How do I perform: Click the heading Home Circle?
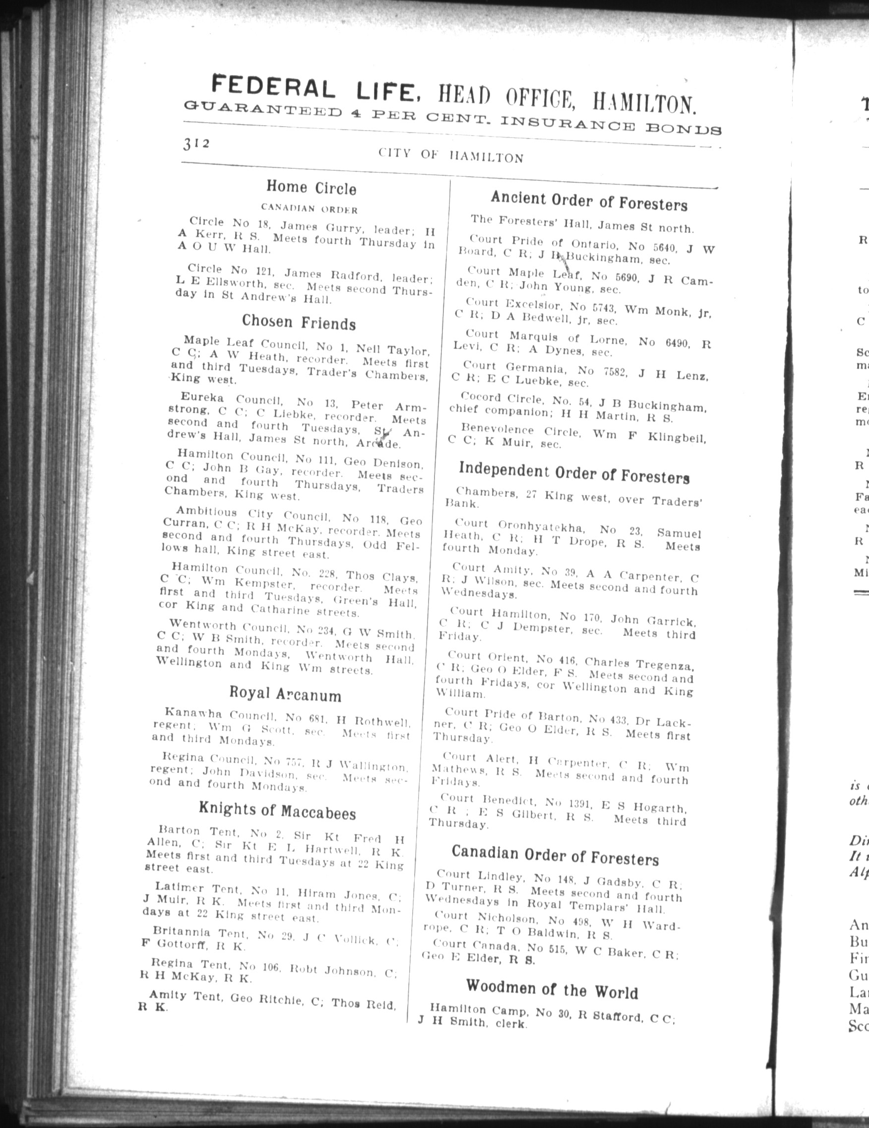[x=311, y=188]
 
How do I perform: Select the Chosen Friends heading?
[x=299, y=322]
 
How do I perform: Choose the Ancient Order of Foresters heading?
[x=589, y=201]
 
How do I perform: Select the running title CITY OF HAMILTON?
[x=450, y=155]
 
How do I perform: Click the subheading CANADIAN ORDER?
[x=309, y=209]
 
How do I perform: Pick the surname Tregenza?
[x=665, y=664]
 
